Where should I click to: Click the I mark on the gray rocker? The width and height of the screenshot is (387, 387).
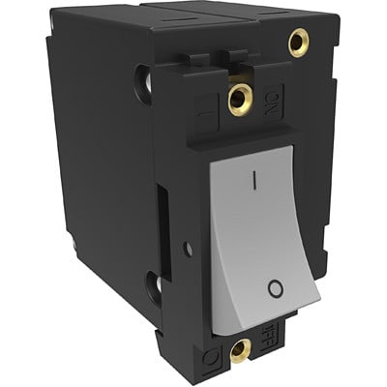click(253, 179)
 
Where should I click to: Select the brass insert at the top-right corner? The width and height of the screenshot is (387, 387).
click(298, 42)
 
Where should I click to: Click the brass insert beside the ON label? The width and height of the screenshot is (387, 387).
click(237, 96)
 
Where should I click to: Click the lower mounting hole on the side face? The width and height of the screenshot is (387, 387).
click(152, 284)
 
